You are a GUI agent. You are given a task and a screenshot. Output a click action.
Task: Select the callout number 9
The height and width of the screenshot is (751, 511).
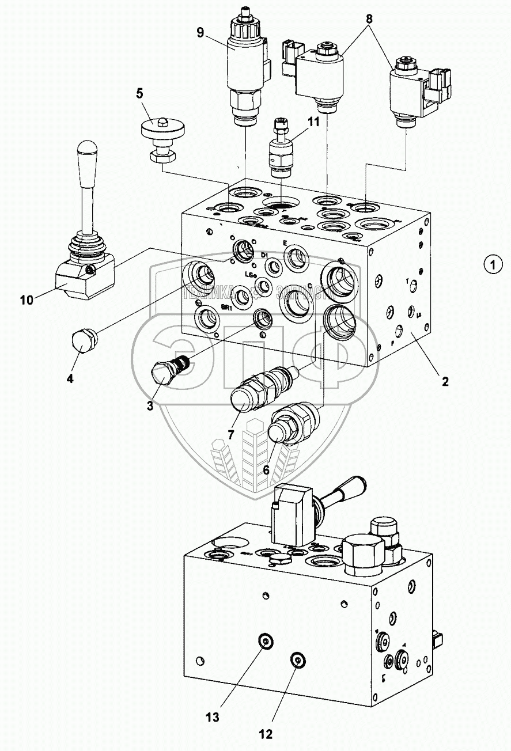(200, 32)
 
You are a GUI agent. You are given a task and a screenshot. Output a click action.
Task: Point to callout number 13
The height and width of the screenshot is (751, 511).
(213, 717)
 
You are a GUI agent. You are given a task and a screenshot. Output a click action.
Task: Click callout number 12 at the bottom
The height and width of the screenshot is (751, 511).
(266, 734)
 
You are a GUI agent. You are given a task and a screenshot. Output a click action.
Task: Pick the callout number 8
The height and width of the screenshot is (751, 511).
(369, 18)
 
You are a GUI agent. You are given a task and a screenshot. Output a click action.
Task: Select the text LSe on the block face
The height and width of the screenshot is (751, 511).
(250, 274)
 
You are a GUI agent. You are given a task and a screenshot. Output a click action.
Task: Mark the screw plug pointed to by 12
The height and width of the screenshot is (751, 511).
(297, 661)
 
